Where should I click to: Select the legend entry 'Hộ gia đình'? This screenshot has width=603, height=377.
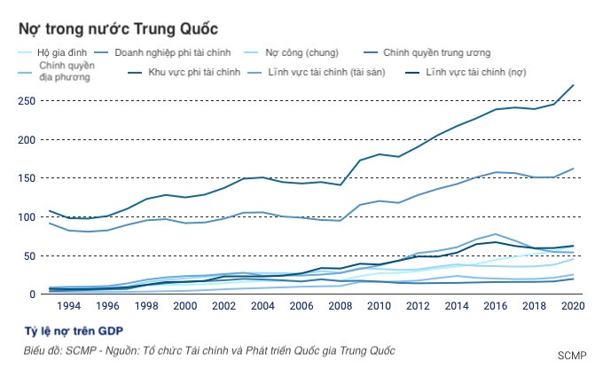tap(67, 53)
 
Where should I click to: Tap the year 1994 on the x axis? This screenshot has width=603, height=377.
tap(68, 306)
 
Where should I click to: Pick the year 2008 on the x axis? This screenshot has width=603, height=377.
tap(341, 306)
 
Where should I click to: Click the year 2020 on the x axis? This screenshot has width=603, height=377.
tap(573, 306)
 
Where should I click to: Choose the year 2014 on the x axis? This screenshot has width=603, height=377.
tap(457, 306)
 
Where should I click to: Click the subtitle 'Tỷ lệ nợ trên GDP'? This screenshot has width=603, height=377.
tap(71, 331)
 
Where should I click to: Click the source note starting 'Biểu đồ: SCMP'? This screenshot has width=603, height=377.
tap(209, 350)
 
